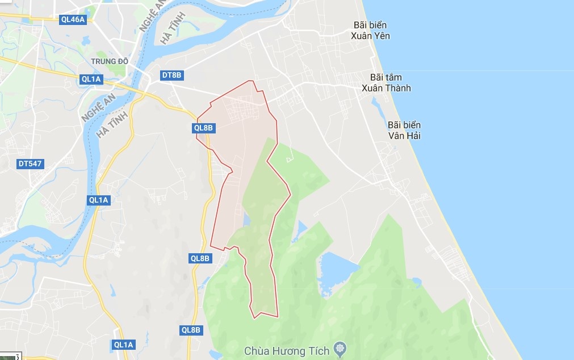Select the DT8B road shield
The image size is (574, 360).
tap(172, 75)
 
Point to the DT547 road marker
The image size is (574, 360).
tap(30, 164)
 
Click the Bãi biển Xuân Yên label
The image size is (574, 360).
tap(370, 31)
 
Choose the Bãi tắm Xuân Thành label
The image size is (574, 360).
tap(386, 82)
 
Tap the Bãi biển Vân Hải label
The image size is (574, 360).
tap(404, 130)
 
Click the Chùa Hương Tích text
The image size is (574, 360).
tap(287, 351)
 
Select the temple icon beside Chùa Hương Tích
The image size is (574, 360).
tap(340, 348)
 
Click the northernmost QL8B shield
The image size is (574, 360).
tap(203, 128)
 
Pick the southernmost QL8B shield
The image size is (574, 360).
tap(191, 330)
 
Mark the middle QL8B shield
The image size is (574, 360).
tap(200, 258)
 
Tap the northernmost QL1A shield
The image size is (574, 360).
tap(91, 79)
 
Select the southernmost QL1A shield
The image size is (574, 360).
tap(123, 345)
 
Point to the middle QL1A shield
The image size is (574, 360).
tap(98, 200)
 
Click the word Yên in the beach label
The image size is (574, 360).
tap(381, 36)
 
